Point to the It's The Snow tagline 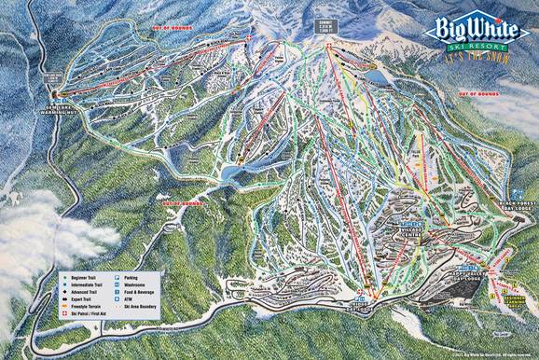tap(471, 55)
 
